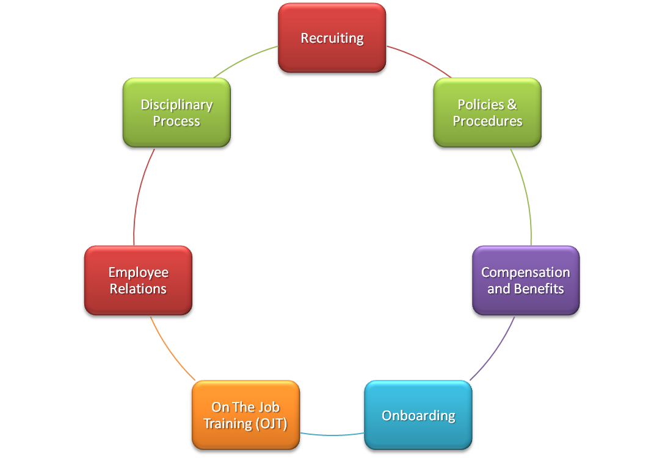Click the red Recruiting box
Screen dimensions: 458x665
pyautogui.click(x=332, y=38)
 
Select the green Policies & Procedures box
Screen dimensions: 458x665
pyautogui.click(x=487, y=113)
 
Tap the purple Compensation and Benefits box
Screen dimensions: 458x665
pyautogui.click(x=525, y=281)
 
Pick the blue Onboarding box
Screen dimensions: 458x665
pyautogui.click(x=418, y=416)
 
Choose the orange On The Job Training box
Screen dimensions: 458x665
pyautogui.click(x=245, y=415)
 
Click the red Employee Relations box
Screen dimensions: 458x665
pyautogui.click(x=138, y=281)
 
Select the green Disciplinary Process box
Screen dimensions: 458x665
pyautogui.click(x=176, y=113)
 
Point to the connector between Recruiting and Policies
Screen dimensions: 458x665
pyautogui.click(x=420, y=61)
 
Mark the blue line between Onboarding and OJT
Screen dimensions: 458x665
pyautogui.click(x=333, y=435)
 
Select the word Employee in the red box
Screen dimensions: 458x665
pyautogui.click(x=138, y=273)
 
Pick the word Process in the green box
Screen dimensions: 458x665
pyautogui.click(x=176, y=121)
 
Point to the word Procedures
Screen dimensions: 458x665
pyautogui.click(x=487, y=121)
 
